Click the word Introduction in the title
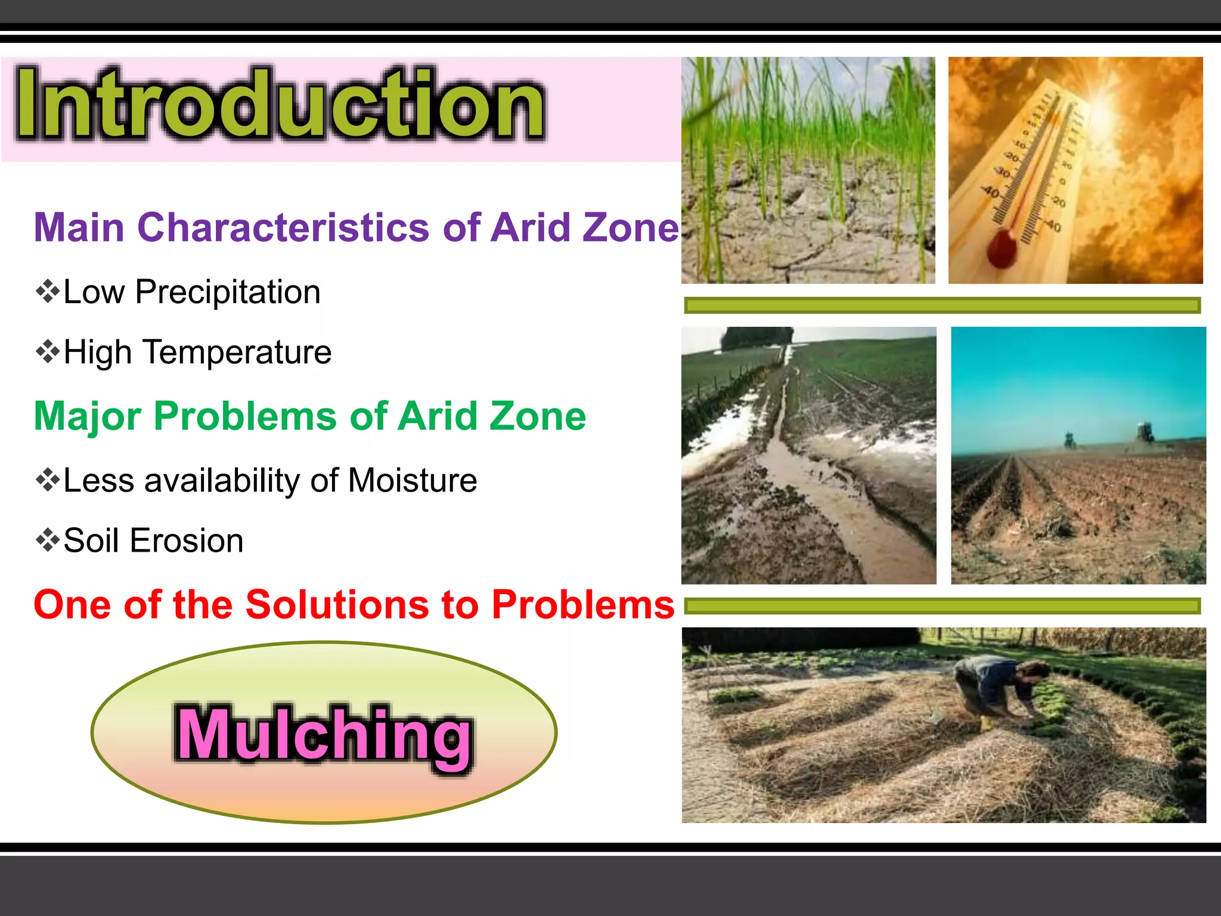[x=280, y=104]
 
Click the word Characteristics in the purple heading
[x=283, y=228]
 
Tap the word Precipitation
[x=228, y=292]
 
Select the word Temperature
[x=237, y=352]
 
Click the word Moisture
[x=413, y=481]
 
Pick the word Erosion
[x=187, y=541]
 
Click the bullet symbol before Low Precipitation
[x=48, y=292]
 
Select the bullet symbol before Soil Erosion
[x=48, y=540]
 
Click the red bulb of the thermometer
[x=1002, y=247]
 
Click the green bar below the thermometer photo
[x=942, y=305]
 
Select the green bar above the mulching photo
[x=942, y=606]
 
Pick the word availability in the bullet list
[x=222, y=481]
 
